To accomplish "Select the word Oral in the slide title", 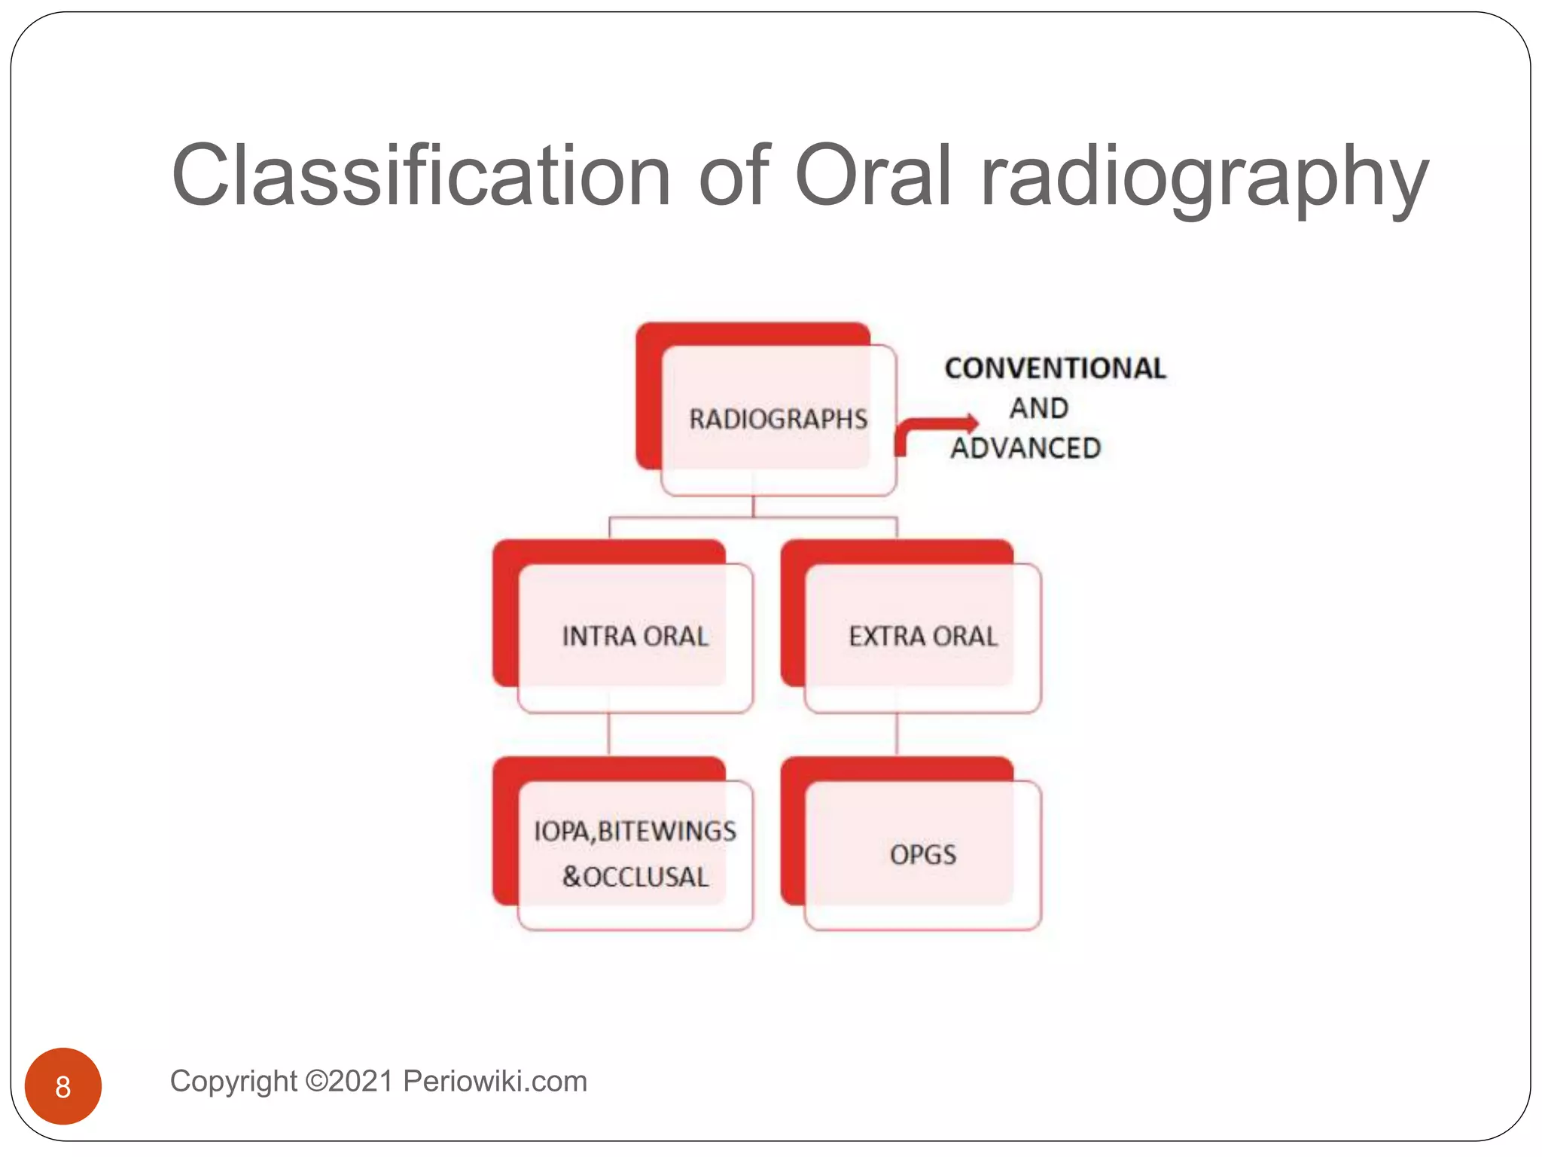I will pos(873,176).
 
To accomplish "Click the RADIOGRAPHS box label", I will pos(779,420).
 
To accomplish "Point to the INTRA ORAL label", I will pos(635,637).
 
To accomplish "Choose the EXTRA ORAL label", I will pos(922,637).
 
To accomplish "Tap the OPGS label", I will pos(922,855).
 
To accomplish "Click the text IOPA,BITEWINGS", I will pos(635,832).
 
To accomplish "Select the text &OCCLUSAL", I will pos(635,878).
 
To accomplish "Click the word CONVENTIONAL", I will pos(1055,368).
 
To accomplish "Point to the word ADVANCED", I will pos(1025,449).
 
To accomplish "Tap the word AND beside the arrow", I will pos(1039,408).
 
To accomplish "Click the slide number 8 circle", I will pos(63,1086).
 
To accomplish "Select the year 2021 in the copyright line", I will pos(360,1082).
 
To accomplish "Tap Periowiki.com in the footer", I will pos(495,1082).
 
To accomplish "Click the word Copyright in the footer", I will pos(233,1082).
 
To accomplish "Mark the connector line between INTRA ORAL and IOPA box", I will pos(608,734).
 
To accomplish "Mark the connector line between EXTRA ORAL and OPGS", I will pos(896,734).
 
